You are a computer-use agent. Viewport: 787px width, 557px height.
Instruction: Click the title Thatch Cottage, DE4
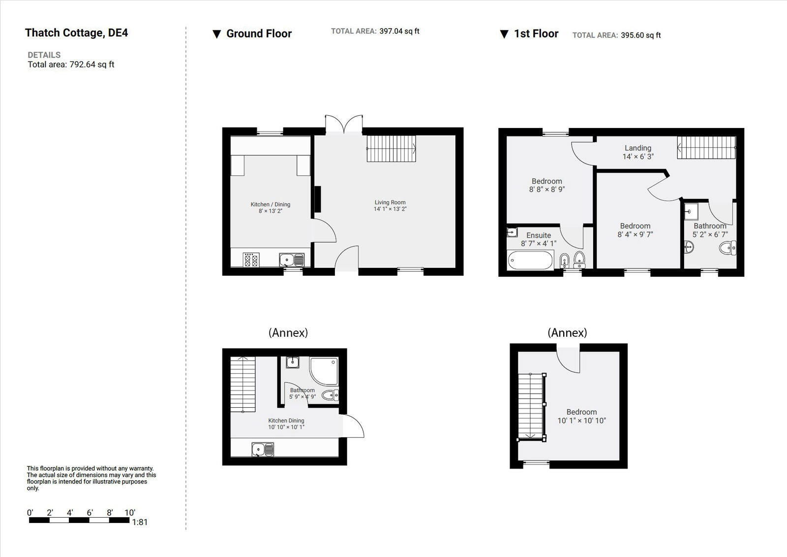coord(76,33)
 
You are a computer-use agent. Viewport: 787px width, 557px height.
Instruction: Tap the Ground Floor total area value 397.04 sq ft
coord(399,31)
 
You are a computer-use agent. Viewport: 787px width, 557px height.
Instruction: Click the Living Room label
coord(390,202)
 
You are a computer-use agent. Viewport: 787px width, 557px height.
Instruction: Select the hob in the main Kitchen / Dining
coord(251,260)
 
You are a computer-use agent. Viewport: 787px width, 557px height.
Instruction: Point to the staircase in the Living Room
coord(391,149)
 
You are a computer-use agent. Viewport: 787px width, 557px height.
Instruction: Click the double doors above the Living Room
coord(344,124)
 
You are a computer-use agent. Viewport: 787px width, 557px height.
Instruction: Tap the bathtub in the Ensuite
coord(530,260)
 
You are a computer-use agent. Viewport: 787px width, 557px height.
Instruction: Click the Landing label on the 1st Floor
coord(638,148)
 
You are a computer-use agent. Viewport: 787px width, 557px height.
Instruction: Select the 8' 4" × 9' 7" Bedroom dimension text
coord(635,234)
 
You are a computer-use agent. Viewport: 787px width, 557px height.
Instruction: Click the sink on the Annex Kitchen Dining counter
coord(262,449)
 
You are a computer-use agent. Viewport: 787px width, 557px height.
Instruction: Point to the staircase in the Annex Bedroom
coord(530,405)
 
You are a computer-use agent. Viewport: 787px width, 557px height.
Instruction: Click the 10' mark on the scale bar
coord(129,513)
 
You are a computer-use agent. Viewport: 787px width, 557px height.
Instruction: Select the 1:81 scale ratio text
coord(140,522)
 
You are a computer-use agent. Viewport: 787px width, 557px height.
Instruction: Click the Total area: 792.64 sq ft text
coord(71,65)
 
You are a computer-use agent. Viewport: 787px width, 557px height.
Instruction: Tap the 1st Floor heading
coord(536,34)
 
